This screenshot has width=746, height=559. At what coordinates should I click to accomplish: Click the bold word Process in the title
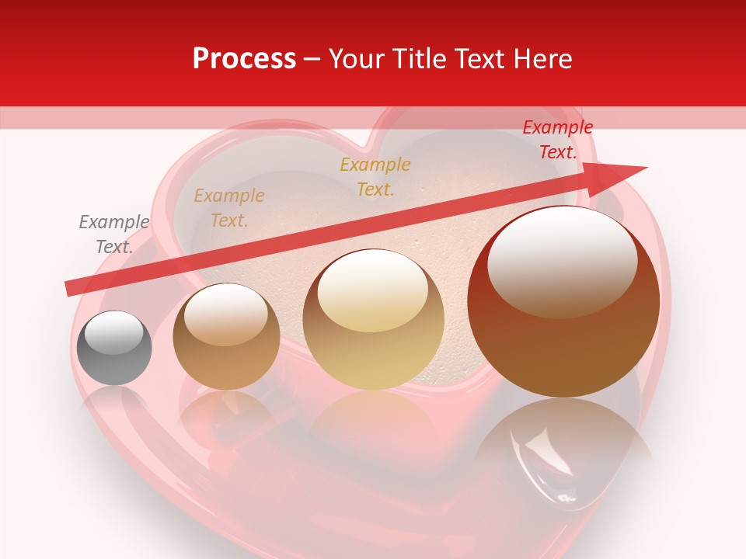click(x=244, y=59)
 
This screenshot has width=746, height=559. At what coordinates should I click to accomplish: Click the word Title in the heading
click(x=417, y=59)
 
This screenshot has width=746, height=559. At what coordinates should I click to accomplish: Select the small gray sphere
click(x=114, y=348)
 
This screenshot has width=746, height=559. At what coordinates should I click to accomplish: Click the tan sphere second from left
click(x=226, y=336)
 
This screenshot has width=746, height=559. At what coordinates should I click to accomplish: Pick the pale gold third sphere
click(x=374, y=319)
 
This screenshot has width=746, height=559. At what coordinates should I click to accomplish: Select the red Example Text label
click(x=557, y=140)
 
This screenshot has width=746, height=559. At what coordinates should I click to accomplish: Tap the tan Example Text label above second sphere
click(x=229, y=208)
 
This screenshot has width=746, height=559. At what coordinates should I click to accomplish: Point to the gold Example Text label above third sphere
click(x=375, y=176)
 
